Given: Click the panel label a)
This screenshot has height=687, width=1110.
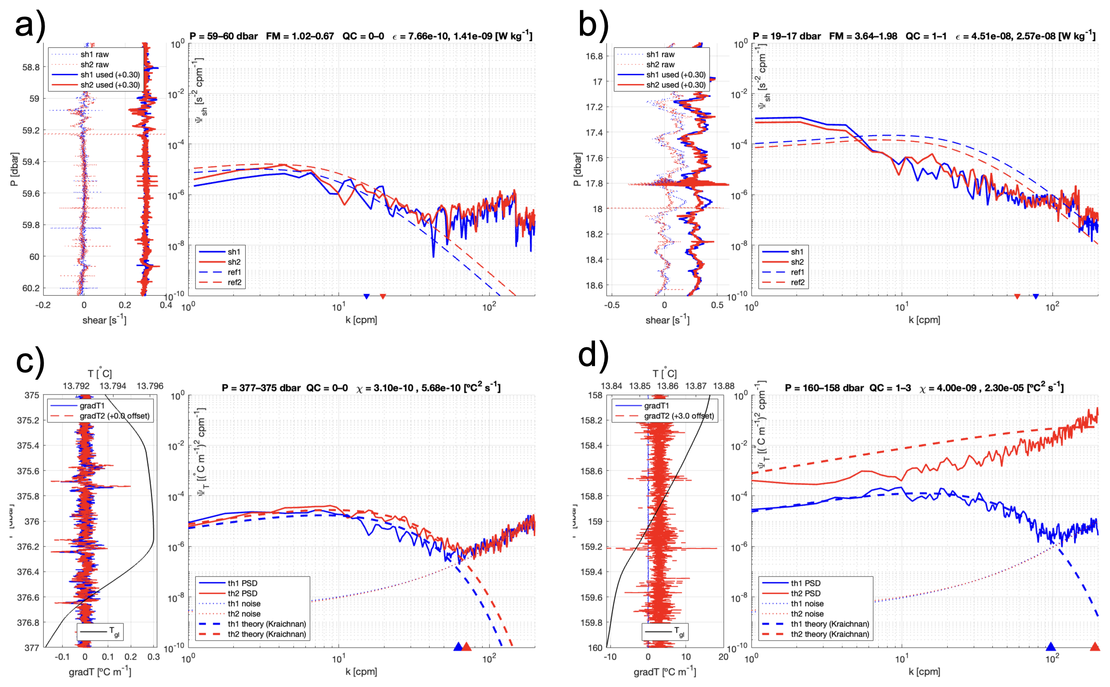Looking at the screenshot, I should (x=30, y=26).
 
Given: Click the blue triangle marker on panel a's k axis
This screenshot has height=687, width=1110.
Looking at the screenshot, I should (x=366, y=296).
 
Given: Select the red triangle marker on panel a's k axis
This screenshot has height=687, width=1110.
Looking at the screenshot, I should (x=383, y=296).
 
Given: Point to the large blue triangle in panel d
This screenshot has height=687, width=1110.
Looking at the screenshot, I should (x=1050, y=646).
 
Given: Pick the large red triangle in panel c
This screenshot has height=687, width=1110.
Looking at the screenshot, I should (x=466, y=646).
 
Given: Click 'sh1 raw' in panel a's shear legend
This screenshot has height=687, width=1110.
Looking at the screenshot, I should (x=95, y=54).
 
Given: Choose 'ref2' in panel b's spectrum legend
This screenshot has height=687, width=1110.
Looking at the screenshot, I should (x=797, y=282).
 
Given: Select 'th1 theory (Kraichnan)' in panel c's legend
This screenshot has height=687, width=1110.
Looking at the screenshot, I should (x=267, y=624).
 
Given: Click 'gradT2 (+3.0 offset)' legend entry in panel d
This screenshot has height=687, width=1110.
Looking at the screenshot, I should (x=679, y=416).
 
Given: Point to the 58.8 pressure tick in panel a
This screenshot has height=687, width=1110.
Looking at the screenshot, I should (x=31, y=67).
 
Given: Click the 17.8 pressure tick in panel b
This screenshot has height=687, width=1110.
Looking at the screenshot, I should (x=594, y=183).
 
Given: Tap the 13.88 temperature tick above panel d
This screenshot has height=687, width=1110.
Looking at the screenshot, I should (x=724, y=386).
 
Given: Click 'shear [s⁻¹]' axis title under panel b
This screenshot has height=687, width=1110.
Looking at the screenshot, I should (x=667, y=320).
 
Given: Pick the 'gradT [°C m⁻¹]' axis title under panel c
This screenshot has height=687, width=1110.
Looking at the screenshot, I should (x=99, y=672).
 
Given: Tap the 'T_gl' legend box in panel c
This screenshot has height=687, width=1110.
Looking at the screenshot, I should (x=100, y=632).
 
